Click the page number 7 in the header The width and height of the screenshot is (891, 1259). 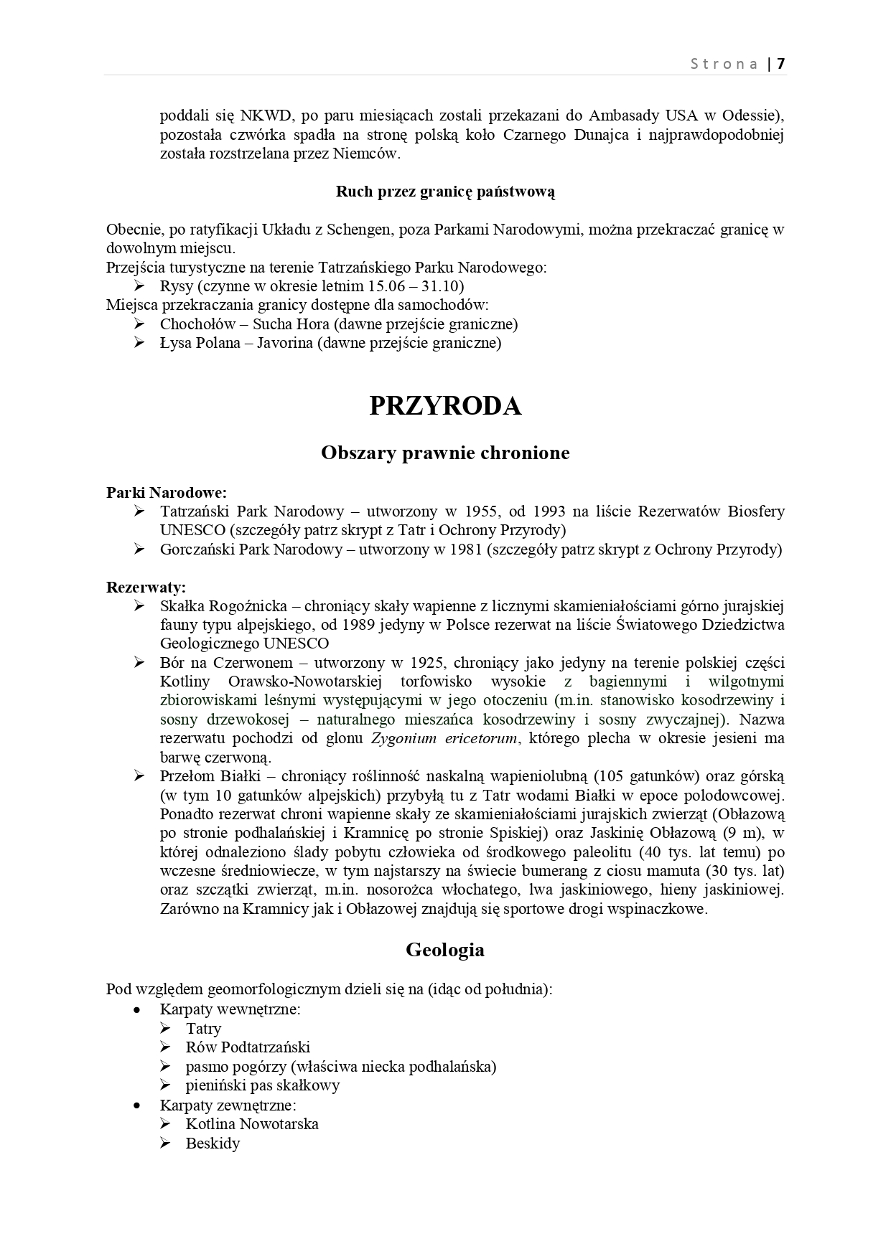780,63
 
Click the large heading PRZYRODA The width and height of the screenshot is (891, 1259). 445,406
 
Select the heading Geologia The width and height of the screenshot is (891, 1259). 445,950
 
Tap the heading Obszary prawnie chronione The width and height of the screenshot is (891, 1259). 445,453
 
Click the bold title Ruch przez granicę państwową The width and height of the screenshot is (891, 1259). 445,192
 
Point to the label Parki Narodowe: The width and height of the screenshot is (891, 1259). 167,492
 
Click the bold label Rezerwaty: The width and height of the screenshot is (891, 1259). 146,587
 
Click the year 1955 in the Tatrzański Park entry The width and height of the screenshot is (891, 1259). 482,511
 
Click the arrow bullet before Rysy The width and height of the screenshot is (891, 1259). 139,286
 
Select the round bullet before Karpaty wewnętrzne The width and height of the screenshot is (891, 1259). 137,1009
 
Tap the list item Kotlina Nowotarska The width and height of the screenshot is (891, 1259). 251,1123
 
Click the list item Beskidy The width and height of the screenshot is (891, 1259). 213,1143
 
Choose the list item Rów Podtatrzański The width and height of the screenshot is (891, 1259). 248,1047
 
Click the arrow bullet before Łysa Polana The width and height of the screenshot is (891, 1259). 139,342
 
